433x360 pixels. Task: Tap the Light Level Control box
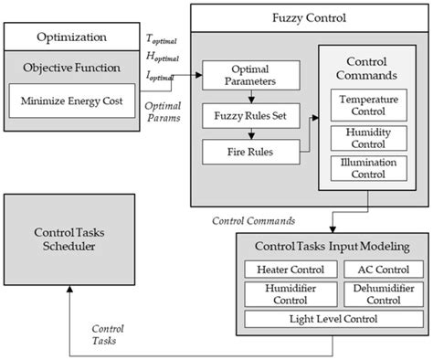334,318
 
